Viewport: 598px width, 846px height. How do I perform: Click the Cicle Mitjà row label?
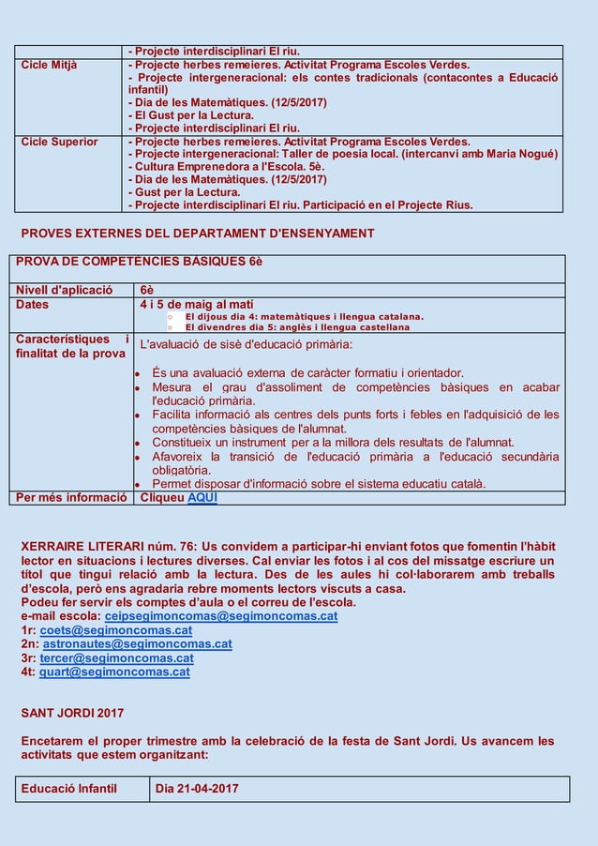pyautogui.click(x=50, y=65)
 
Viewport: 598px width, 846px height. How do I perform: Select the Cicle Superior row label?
pyautogui.click(x=59, y=142)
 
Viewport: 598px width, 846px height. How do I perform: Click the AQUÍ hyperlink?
pyautogui.click(x=202, y=497)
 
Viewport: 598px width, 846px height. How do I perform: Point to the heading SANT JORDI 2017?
pyautogui.click(x=72, y=714)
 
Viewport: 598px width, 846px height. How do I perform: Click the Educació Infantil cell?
pyautogui.click(x=69, y=789)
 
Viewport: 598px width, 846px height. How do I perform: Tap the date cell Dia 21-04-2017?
pyautogui.click(x=197, y=789)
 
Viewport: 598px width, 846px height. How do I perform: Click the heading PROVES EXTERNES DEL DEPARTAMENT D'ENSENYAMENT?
pyautogui.click(x=197, y=234)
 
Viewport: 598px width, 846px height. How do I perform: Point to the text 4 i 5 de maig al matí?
pyautogui.click(x=196, y=304)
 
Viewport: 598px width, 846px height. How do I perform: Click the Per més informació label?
pyautogui.click(x=71, y=497)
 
